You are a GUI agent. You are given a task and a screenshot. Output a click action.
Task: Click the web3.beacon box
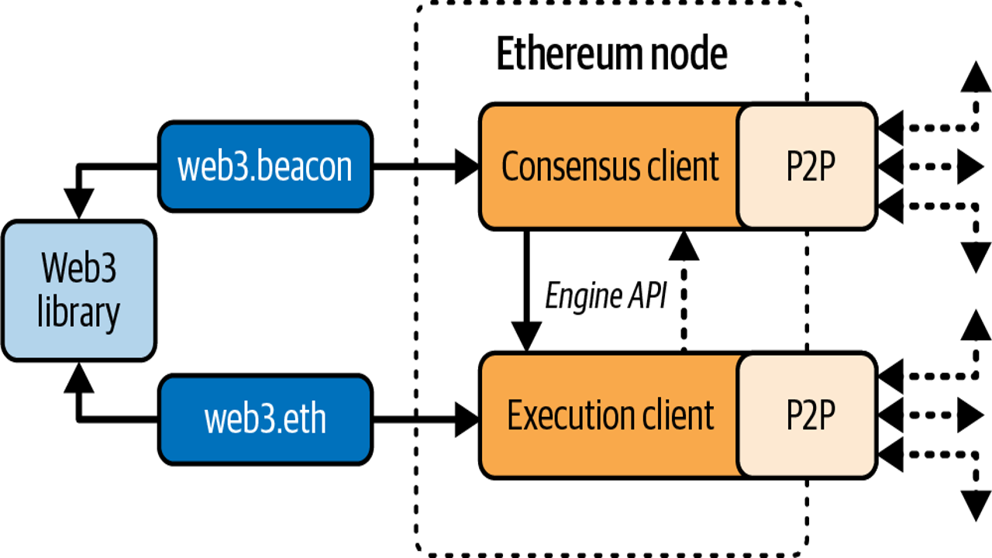(x=265, y=167)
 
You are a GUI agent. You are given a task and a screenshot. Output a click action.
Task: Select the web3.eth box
(x=265, y=419)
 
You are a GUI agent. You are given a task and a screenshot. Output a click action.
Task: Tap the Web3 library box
(x=79, y=291)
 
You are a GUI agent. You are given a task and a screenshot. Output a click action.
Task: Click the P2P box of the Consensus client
(x=808, y=167)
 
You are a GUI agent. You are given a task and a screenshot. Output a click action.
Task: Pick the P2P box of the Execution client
(x=808, y=415)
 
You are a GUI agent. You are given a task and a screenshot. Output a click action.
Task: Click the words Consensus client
(x=610, y=167)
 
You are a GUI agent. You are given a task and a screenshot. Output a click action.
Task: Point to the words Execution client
(x=610, y=415)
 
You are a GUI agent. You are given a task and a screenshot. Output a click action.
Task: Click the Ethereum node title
(x=611, y=53)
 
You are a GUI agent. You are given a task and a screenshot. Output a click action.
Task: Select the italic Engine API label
(x=605, y=295)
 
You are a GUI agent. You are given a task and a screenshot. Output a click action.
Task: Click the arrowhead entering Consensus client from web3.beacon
(x=467, y=167)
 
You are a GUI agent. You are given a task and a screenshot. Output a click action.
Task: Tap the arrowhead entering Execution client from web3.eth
(x=467, y=419)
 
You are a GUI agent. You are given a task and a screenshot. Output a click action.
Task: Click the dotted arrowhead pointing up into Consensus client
(x=684, y=246)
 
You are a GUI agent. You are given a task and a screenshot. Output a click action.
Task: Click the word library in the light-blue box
(x=78, y=313)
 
